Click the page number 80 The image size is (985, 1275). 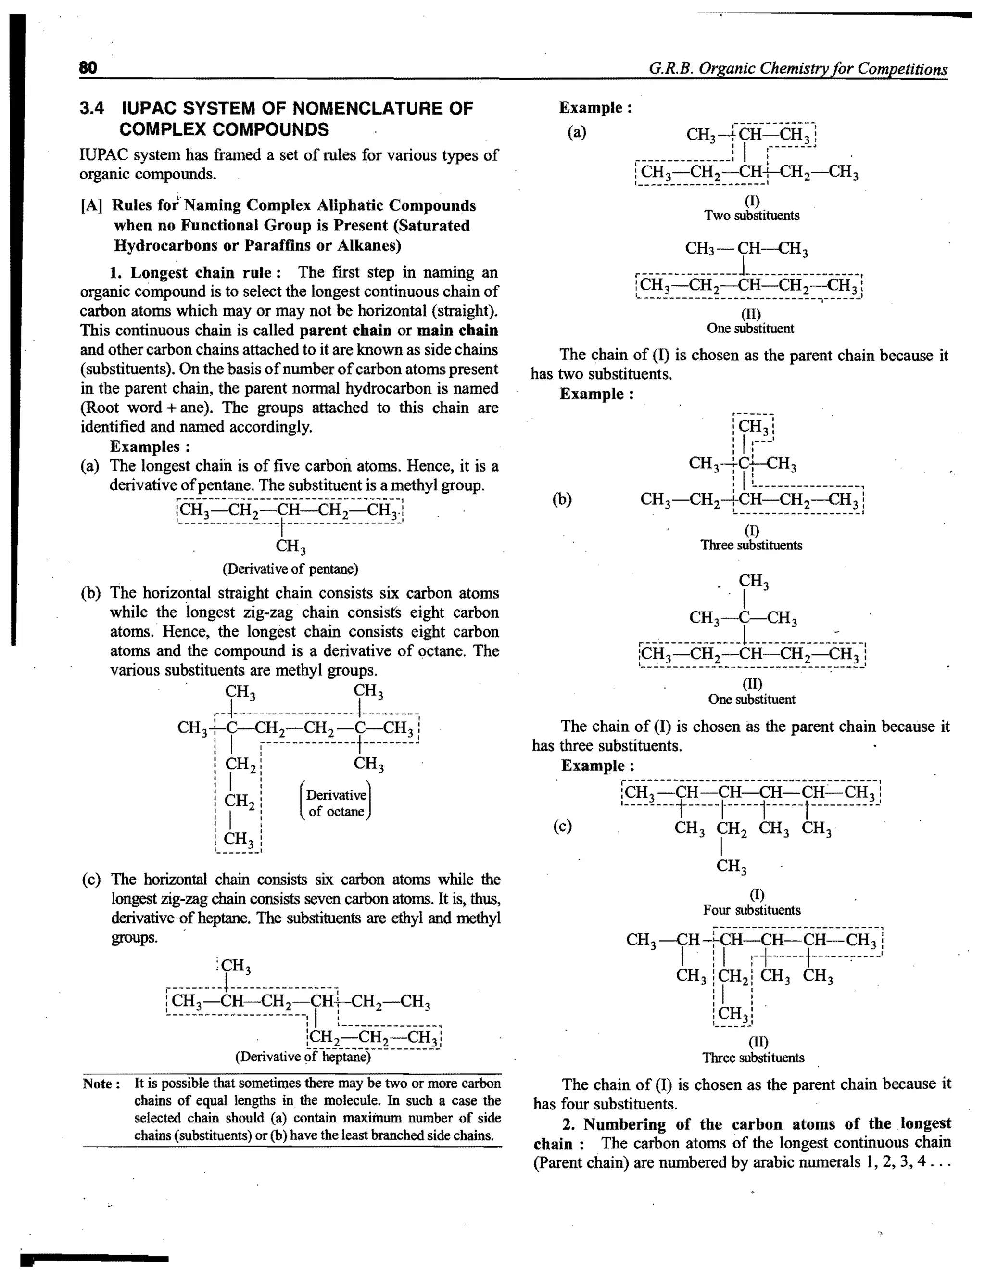88,68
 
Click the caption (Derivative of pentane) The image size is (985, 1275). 290,569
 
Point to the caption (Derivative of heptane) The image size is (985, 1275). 303,1057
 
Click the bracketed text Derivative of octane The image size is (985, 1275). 336,803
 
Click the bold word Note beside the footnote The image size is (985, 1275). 101,1084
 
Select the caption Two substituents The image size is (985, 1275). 752,216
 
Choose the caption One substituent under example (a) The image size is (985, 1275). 750,328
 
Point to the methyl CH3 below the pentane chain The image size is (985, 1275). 290,547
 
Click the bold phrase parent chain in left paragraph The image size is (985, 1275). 345,331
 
